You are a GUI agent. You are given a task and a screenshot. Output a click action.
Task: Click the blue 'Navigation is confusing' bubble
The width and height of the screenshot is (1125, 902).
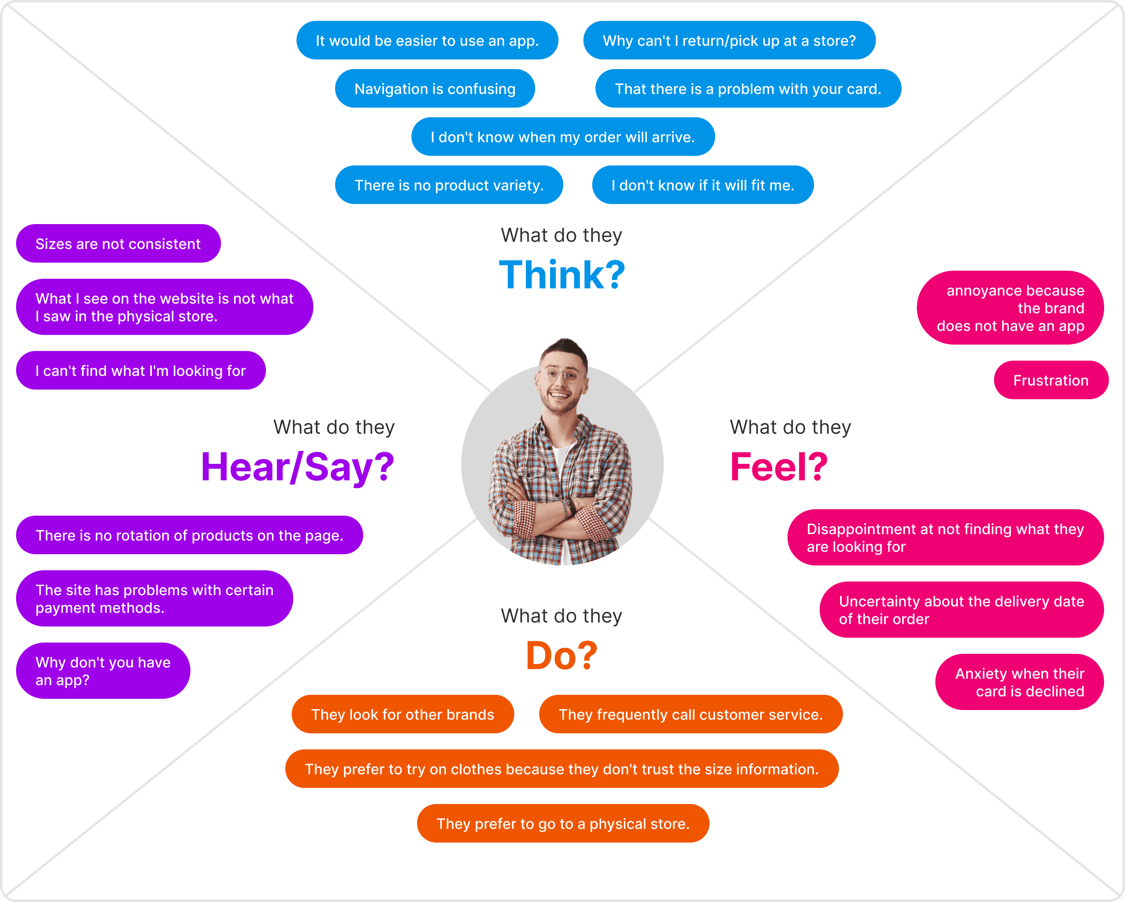point(435,89)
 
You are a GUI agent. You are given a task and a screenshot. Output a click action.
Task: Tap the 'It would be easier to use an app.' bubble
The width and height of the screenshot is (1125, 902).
point(427,41)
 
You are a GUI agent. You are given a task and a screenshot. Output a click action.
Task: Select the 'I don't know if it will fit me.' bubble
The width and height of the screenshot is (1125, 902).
point(702,185)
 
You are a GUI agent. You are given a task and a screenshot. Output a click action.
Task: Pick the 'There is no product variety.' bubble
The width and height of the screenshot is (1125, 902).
point(449,185)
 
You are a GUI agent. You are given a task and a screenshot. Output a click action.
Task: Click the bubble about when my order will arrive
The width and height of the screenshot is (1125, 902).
point(562,137)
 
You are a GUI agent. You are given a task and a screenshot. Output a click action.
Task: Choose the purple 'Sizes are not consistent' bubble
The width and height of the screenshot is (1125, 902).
point(118,244)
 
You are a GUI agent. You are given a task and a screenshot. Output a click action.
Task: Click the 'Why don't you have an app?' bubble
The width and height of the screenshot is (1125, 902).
point(103,671)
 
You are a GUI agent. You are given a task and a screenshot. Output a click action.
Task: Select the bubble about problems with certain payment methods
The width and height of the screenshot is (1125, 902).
point(154,598)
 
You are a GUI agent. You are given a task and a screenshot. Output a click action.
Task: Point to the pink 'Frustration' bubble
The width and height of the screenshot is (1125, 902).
point(1050,380)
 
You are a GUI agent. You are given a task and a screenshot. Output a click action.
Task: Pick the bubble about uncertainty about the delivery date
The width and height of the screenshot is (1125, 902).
point(961,610)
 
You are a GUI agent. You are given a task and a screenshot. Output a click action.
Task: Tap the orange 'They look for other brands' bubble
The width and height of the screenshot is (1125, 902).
point(402,714)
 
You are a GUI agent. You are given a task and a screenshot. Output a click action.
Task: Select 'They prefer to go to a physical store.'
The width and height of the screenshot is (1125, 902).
point(562,823)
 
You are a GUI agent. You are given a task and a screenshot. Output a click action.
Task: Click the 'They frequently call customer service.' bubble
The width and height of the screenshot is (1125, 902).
point(690,714)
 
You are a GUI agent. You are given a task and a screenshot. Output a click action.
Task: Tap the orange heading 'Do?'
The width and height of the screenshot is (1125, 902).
point(561,655)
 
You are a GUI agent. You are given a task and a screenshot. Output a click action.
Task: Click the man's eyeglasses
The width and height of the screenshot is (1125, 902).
point(561,375)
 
